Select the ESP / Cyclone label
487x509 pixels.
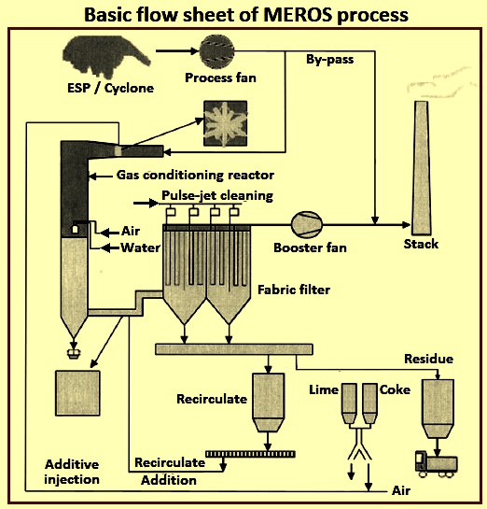[110, 88]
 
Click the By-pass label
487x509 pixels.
[329, 60]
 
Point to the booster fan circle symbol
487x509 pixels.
[307, 224]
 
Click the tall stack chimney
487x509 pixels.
[421, 168]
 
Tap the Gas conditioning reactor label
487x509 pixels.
[195, 176]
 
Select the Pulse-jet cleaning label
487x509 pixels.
[217, 196]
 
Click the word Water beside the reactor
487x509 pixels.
[140, 247]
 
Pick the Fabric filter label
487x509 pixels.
[294, 290]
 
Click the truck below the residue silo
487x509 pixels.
[437, 463]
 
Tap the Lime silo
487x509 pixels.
[349, 403]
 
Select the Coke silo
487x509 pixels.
[369, 403]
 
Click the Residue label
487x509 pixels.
[428, 359]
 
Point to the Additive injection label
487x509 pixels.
[72, 472]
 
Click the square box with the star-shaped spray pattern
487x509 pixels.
[226, 123]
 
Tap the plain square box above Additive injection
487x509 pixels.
[77, 393]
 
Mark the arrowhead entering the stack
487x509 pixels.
[406, 224]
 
